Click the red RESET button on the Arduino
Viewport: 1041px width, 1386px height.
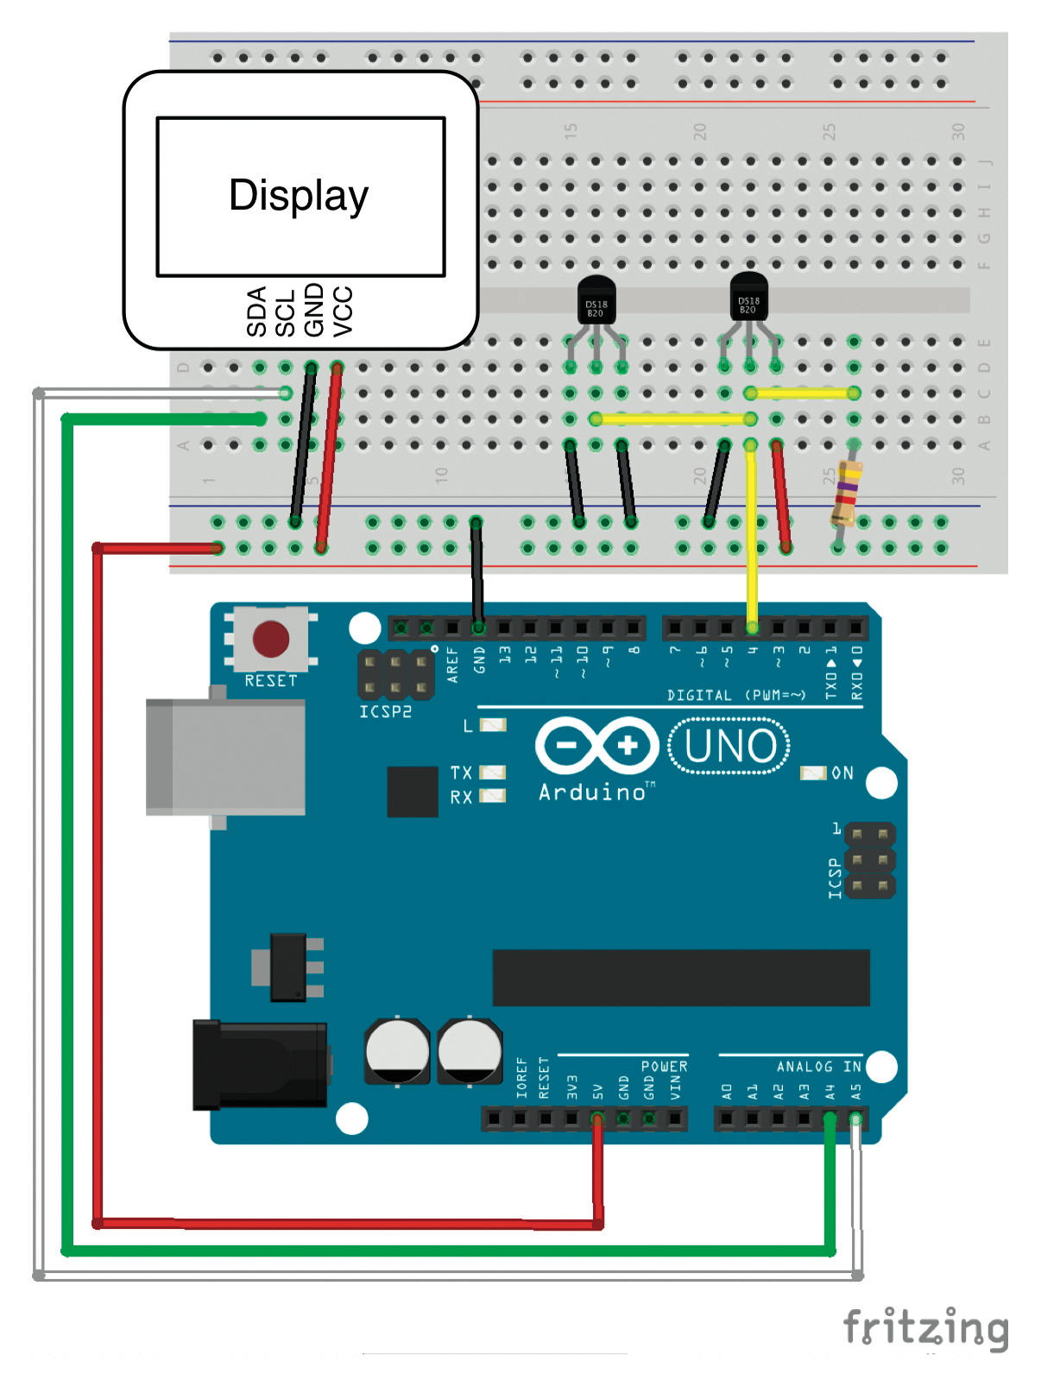(271, 639)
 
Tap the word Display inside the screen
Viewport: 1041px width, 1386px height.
(299, 196)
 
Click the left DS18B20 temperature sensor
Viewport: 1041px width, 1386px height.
(596, 300)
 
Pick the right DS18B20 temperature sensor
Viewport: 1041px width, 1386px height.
(748, 297)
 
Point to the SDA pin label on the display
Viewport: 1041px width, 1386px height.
(256, 312)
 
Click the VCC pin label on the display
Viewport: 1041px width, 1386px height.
(343, 312)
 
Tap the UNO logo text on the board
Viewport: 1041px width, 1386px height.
(729, 747)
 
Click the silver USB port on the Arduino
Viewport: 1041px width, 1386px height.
(226, 758)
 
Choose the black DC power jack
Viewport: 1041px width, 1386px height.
(260, 1065)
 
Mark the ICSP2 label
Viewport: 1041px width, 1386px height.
(385, 712)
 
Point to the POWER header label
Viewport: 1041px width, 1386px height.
(664, 1067)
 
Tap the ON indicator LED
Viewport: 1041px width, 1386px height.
(813, 773)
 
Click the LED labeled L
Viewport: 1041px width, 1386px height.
(493, 725)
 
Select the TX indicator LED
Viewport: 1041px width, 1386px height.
(492, 772)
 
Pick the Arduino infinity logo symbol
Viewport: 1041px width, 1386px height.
(596, 745)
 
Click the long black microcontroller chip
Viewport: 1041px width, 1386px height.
(681, 978)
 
